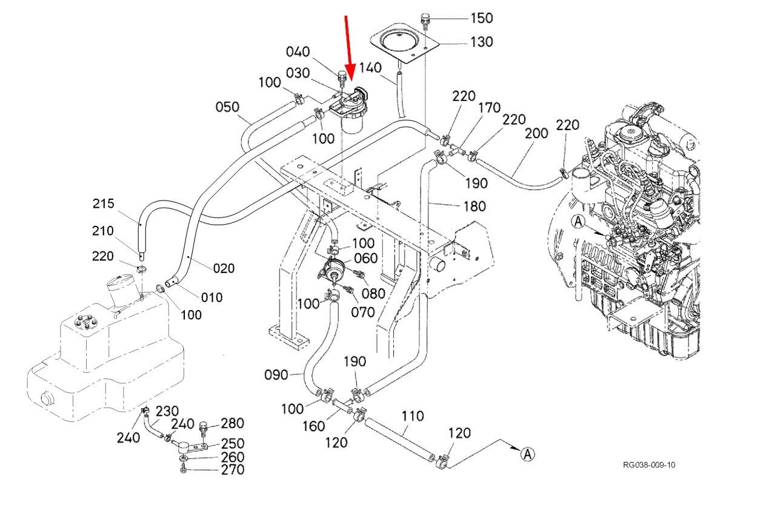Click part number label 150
(x=482, y=18)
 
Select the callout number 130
(x=482, y=42)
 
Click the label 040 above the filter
(x=298, y=52)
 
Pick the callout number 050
(x=227, y=107)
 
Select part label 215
(x=103, y=203)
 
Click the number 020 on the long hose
(x=224, y=268)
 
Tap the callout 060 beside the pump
(x=365, y=258)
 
